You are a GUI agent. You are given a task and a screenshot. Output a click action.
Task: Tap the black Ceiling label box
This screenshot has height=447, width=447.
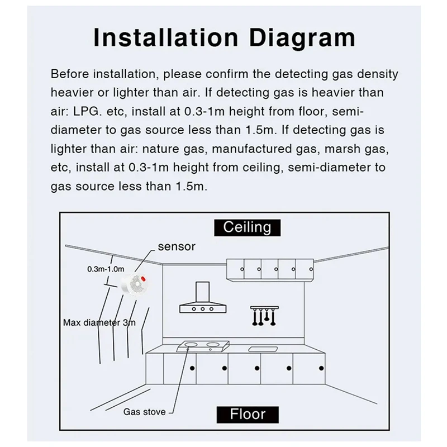pos(247,227)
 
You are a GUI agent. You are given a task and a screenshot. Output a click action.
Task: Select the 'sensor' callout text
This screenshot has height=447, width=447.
pos(177,246)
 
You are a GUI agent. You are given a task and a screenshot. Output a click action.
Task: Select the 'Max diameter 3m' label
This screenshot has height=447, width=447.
pos(99,322)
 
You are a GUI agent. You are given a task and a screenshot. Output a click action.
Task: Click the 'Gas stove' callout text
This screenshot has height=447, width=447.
pos(144,412)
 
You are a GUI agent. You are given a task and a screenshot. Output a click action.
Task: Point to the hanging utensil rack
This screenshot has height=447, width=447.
pos(260,316)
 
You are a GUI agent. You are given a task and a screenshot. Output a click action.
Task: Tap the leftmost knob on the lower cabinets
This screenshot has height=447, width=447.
pos(192,368)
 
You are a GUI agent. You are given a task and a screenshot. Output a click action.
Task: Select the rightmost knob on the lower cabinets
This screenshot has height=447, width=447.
pos(321,368)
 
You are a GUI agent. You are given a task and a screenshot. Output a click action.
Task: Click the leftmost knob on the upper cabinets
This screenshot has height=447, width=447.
pos(242,269)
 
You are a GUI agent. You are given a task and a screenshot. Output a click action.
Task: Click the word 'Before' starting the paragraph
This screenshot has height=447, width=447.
pos(69,73)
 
